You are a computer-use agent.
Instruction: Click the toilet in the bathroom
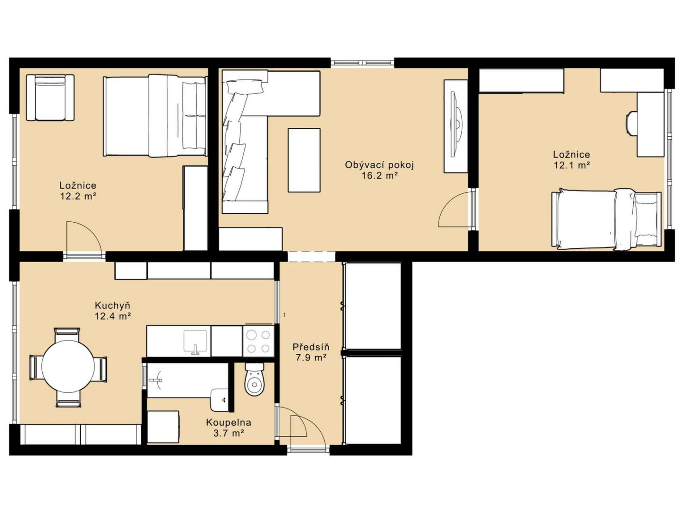coord(255,380)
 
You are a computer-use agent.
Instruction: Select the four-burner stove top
coord(258,341)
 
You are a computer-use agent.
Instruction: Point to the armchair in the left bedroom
coord(50,97)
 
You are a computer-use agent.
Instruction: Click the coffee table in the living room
coord(304,160)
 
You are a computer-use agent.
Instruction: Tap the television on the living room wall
coord(456,124)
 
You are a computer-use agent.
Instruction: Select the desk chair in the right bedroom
coord(632,123)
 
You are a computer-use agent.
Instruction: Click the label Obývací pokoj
coord(379,165)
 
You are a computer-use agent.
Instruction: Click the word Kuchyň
coord(113,305)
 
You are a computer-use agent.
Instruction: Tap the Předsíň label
coord(311,347)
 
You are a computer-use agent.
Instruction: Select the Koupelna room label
coord(228,423)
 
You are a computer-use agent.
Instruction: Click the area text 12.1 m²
coord(571,165)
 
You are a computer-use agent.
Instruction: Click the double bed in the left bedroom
coord(155,115)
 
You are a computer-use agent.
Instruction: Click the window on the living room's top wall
coord(362,63)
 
